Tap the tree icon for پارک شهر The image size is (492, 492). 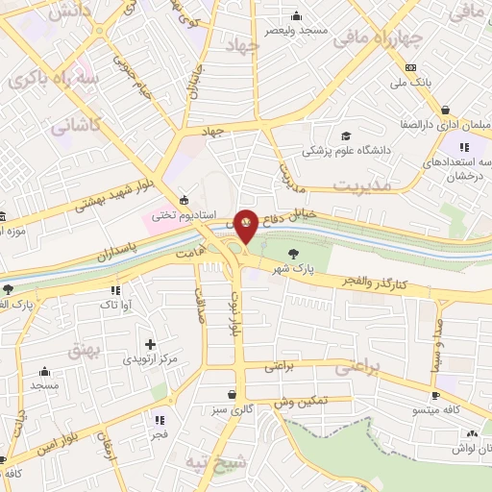(292, 254)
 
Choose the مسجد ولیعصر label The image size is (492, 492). (299, 30)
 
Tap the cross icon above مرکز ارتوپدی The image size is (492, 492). (149, 343)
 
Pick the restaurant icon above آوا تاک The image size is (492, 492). (114, 289)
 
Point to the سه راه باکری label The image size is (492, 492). (51, 80)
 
